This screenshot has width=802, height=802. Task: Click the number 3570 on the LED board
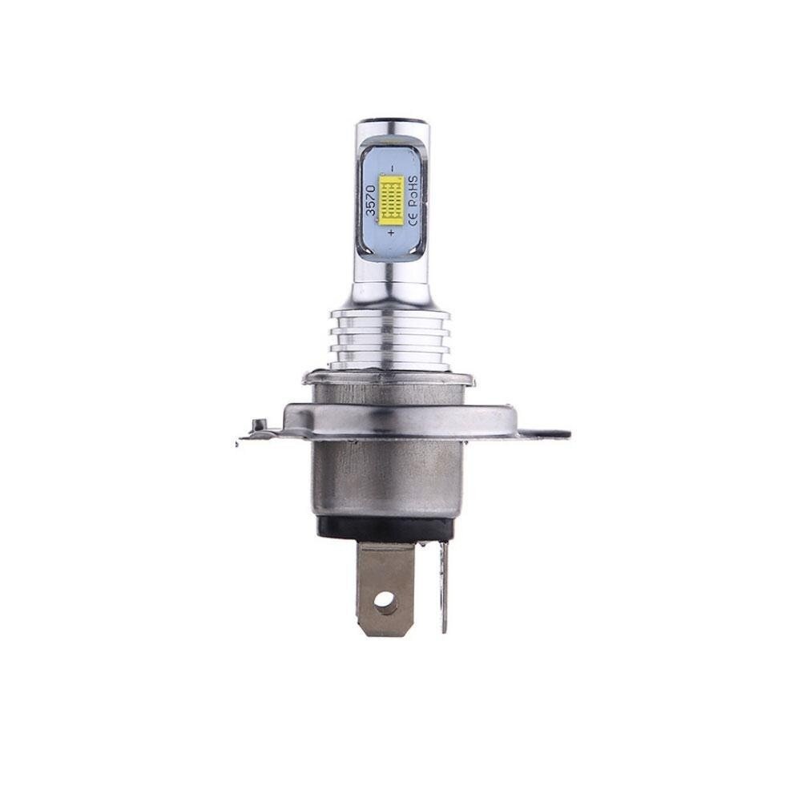point(372,200)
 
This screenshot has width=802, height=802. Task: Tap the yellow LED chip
point(393,201)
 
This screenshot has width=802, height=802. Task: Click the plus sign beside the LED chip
point(391,233)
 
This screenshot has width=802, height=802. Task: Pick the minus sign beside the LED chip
point(393,167)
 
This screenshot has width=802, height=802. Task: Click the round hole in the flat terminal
point(385,600)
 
